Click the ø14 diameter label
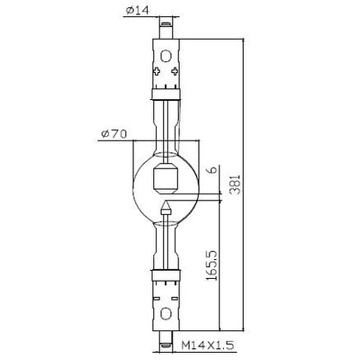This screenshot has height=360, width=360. pos(138,11)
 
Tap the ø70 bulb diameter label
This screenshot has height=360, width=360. pos(113,134)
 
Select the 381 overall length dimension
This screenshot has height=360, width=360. pos(237,184)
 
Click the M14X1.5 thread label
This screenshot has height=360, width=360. pos(208,346)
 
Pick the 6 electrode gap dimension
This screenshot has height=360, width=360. pos(211,169)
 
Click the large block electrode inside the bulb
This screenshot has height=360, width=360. pos(166,178)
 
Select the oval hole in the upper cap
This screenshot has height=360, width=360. pos(166,56)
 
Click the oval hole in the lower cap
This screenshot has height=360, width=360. pos(166,314)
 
